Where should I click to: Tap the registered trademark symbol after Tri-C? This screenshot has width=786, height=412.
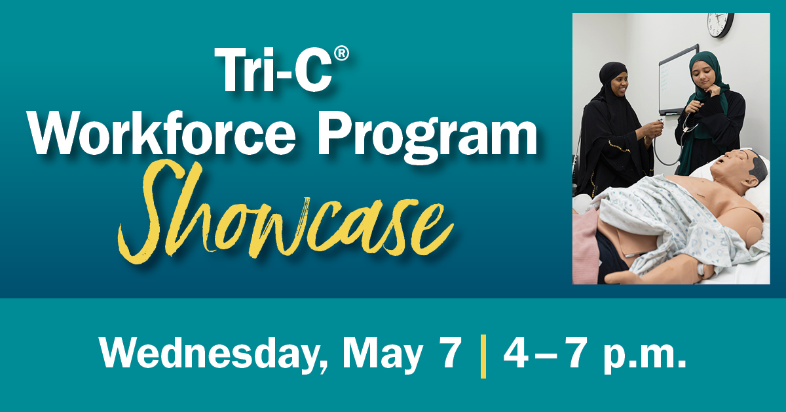tap(334, 54)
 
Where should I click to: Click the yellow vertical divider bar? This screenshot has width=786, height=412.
tap(483, 355)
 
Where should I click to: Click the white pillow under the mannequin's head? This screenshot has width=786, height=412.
tap(760, 197)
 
